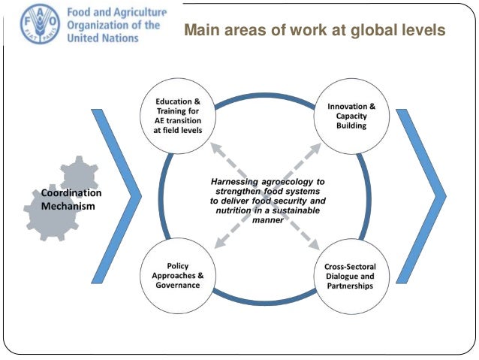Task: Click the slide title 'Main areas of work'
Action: tap(315, 31)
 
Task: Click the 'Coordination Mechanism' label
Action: tap(71, 199)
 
